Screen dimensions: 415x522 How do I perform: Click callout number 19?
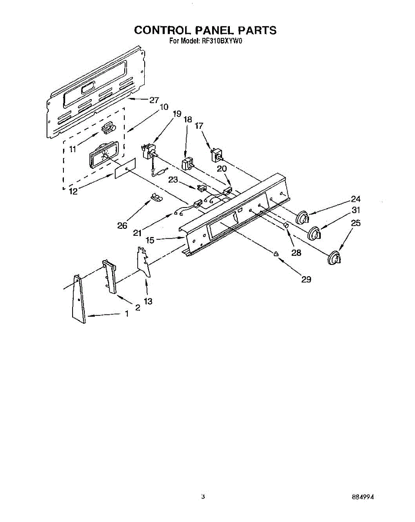click(x=176, y=114)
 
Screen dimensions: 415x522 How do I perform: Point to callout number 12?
click(x=73, y=191)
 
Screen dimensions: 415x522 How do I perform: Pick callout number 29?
click(x=306, y=279)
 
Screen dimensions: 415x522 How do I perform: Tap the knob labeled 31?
click(x=315, y=234)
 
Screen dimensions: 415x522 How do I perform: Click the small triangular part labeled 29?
click(x=276, y=254)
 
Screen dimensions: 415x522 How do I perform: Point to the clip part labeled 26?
click(x=156, y=197)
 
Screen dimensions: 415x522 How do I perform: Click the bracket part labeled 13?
click(x=143, y=261)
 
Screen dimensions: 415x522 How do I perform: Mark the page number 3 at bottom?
click(x=203, y=496)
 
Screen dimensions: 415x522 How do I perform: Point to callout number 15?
click(x=150, y=239)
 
